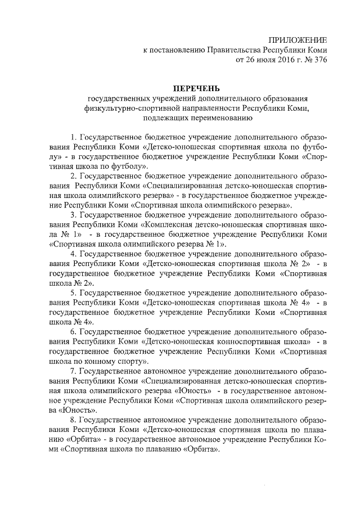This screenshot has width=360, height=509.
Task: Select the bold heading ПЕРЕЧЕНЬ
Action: pos(196,88)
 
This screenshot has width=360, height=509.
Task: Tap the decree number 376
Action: pos(319,60)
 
